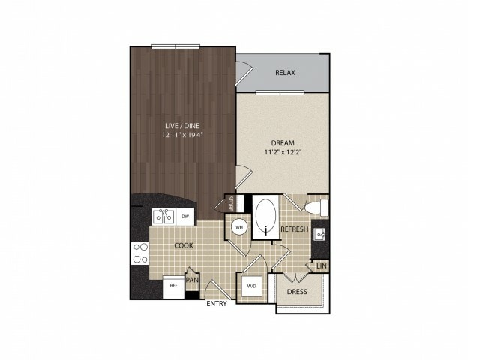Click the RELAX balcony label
(x=285, y=73)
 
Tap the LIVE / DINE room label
(x=182, y=125)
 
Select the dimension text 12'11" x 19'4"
(x=182, y=135)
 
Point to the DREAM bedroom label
(x=283, y=143)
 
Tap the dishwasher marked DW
(x=185, y=217)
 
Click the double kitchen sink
(x=163, y=217)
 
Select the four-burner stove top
(x=140, y=253)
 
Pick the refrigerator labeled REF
(x=173, y=286)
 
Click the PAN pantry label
(x=193, y=280)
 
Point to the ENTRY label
(x=217, y=303)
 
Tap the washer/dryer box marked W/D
(x=252, y=286)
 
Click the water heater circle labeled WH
(x=239, y=227)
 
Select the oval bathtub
(x=265, y=217)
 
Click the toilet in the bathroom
(x=316, y=207)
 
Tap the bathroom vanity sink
(x=320, y=235)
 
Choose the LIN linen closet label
(x=322, y=266)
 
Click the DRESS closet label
(x=297, y=292)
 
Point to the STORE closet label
(x=231, y=203)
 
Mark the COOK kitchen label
(x=184, y=245)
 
